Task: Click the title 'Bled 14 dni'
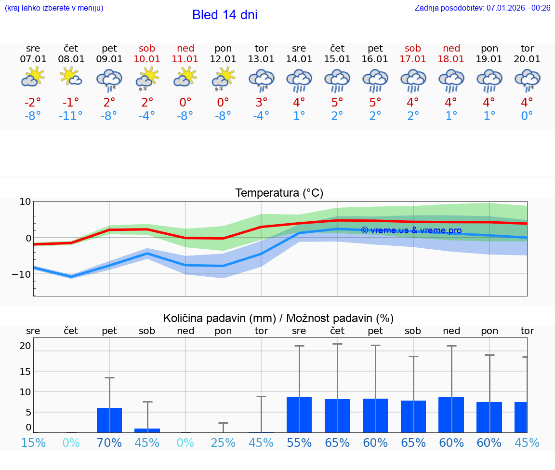click(x=225, y=15)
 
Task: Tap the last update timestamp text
click(x=482, y=8)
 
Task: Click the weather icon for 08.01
click(x=71, y=77)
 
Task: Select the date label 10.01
click(x=147, y=59)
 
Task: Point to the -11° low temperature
click(x=71, y=116)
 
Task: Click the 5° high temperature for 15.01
click(x=337, y=103)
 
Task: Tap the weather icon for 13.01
click(x=261, y=80)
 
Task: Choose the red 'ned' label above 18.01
click(x=451, y=48)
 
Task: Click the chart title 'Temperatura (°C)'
click(x=279, y=193)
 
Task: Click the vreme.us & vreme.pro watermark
click(x=411, y=230)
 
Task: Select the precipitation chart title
click(x=278, y=318)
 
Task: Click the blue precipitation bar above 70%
click(x=109, y=420)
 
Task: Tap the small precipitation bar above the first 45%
click(x=147, y=430)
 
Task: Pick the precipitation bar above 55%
click(x=299, y=415)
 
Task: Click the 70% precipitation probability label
click(x=109, y=443)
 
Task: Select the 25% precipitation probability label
click(x=223, y=443)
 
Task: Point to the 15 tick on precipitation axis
click(x=25, y=371)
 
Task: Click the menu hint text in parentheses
click(x=53, y=8)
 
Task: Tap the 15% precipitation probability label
click(x=33, y=443)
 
